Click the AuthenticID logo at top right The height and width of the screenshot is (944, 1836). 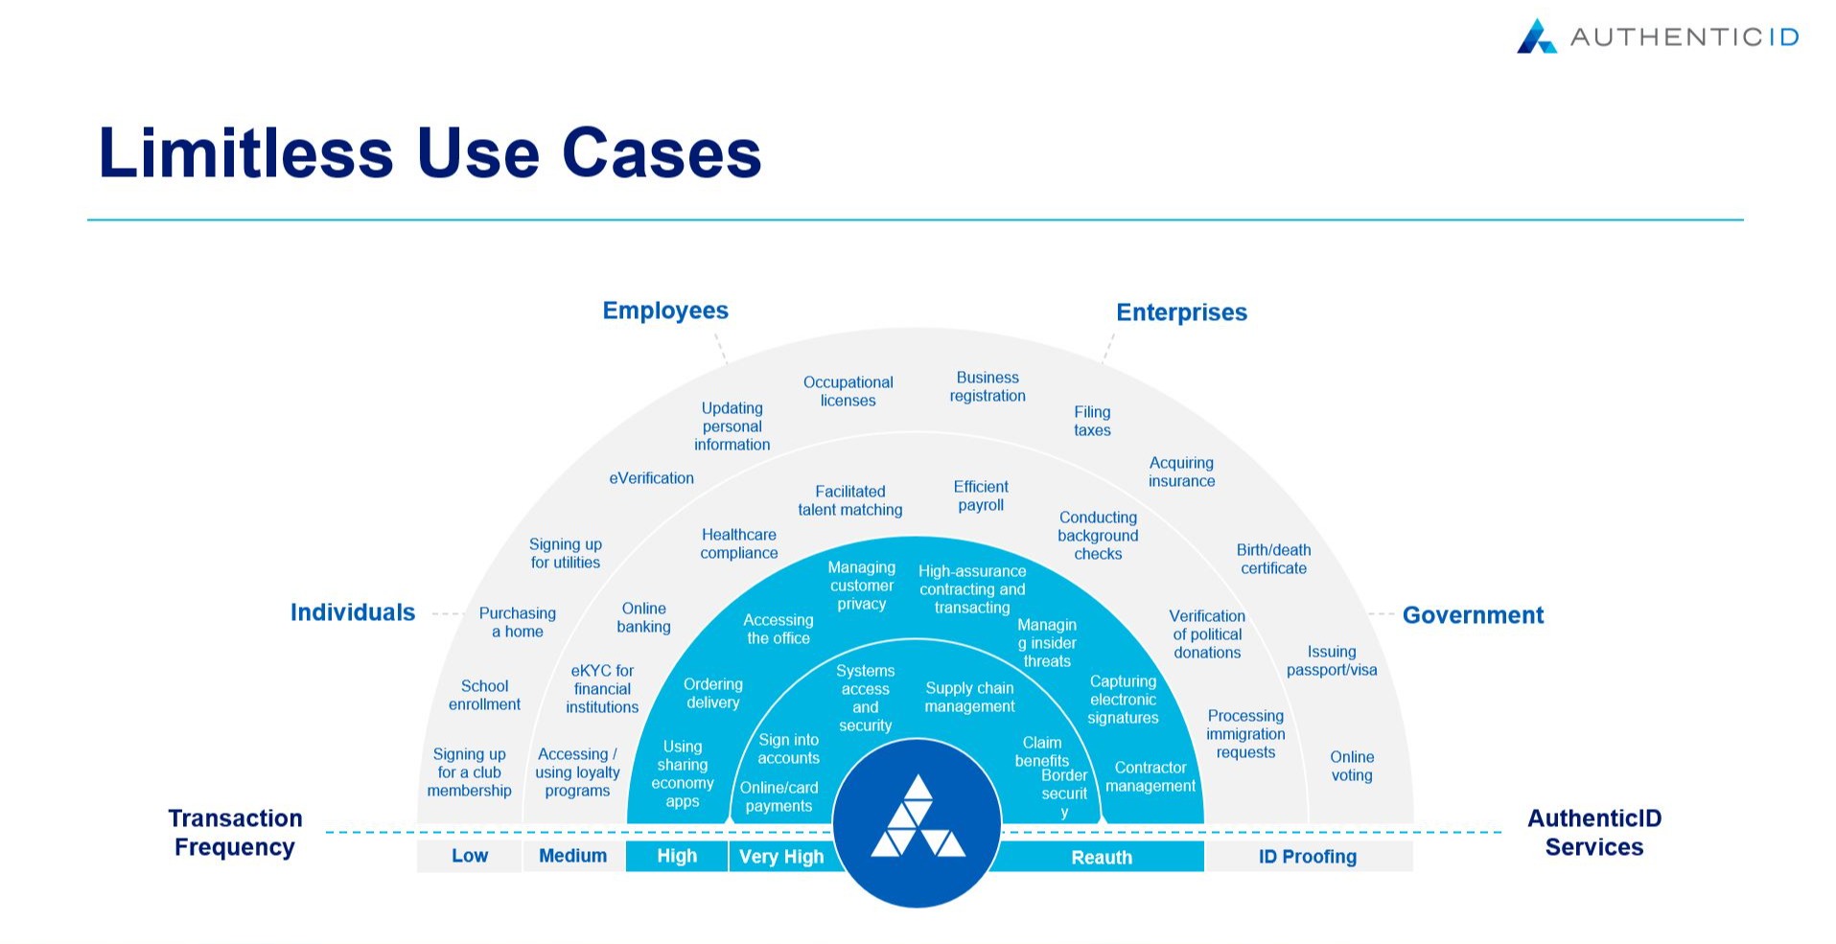click(1657, 37)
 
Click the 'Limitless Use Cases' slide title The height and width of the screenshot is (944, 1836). click(430, 153)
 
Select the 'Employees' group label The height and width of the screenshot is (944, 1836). click(665, 311)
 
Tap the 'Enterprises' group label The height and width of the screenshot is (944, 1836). click(1181, 312)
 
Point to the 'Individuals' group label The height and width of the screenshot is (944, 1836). click(353, 612)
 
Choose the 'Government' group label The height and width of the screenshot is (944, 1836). click(1473, 615)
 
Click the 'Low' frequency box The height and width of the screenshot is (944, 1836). click(470, 856)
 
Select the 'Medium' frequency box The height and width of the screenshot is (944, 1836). click(572, 856)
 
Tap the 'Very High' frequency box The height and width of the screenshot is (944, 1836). click(781, 857)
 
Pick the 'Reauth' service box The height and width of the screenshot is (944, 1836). click(1102, 857)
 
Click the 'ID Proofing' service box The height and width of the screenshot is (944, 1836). click(1308, 857)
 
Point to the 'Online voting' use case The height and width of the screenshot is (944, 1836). click(1352, 766)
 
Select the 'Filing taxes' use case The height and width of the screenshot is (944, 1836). click(1092, 421)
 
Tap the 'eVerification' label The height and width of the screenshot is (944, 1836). click(652, 478)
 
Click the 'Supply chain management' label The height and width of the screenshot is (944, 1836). click(969, 697)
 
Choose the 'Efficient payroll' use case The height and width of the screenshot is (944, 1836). click(981, 495)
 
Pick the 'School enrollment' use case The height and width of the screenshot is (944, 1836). click(484, 695)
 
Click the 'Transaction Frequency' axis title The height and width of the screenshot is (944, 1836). click(235, 832)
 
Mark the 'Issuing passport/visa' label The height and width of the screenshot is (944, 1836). click(1332, 660)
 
